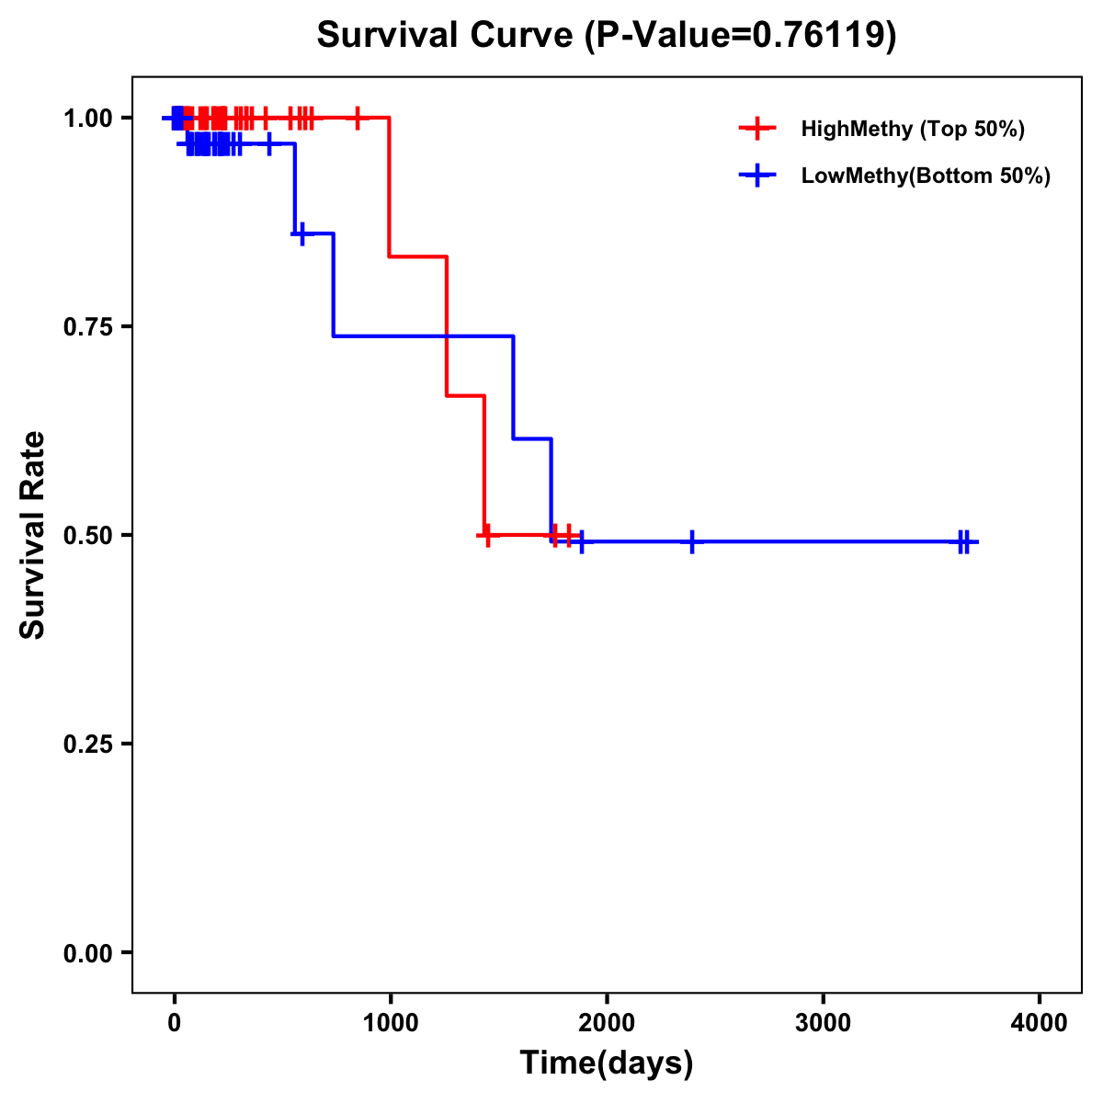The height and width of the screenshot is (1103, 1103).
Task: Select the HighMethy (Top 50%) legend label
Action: tap(912, 129)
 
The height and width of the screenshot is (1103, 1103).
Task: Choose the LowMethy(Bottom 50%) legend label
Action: tap(926, 176)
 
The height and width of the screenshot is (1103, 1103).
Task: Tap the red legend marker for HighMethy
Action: tap(757, 129)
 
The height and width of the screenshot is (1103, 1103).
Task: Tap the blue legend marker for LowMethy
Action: tap(757, 176)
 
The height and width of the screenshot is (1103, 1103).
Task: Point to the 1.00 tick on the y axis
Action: tap(87, 118)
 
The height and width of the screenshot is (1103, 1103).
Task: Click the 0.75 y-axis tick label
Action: tap(87, 326)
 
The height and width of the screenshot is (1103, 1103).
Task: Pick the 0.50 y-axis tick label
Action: tap(87, 535)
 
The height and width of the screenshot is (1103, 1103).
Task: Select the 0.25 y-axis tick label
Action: tap(87, 744)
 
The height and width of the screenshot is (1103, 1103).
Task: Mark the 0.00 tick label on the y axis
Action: tap(87, 952)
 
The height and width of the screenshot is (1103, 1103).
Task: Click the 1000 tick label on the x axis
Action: tap(391, 1023)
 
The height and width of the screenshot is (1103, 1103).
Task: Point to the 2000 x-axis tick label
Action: tap(607, 1023)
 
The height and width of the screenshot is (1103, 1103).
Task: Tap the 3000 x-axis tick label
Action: tap(823, 1023)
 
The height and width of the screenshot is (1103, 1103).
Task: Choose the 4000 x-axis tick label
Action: tap(1040, 1023)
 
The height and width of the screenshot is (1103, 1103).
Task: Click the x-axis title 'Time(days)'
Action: tap(607, 1063)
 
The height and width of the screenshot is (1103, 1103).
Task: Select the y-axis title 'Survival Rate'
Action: tap(33, 535)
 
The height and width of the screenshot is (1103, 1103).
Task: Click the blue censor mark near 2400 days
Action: tap(692, 541)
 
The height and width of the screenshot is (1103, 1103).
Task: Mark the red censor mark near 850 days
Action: tap(358, 118)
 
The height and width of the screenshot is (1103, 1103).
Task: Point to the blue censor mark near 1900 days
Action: tap(582, 541)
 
